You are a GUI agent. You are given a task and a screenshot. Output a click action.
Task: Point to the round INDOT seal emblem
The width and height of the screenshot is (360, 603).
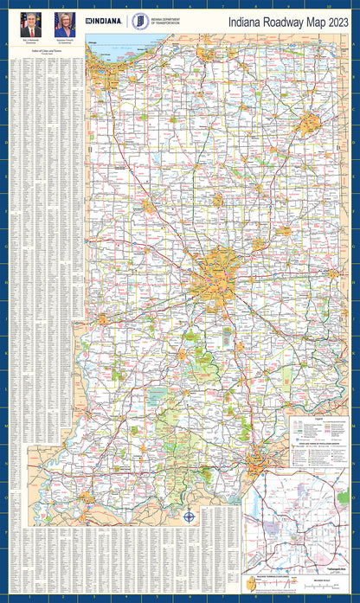point(138,22)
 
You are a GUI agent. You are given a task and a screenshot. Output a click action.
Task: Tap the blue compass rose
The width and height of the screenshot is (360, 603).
point(190,517)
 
